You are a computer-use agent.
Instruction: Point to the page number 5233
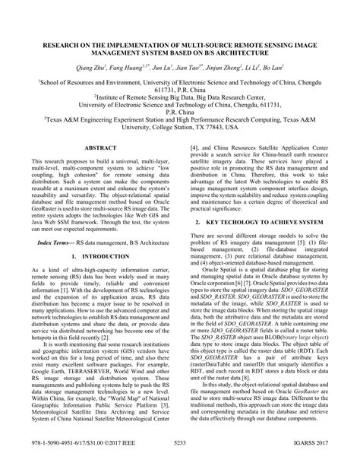pyautogui.click(x=179, y=456)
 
